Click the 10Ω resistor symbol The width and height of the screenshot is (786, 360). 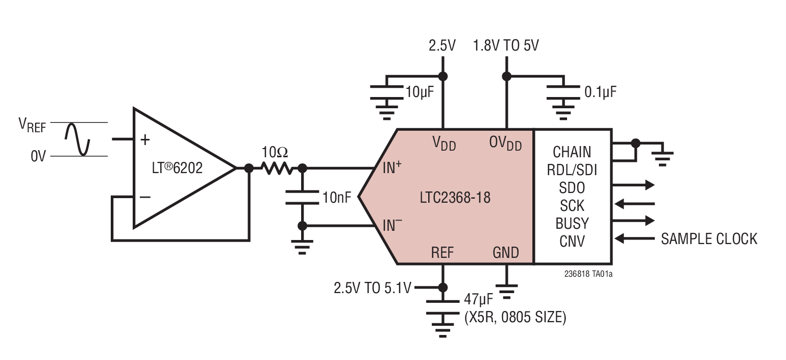[x=276, y=167]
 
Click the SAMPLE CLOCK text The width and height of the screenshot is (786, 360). [x=709, y=238]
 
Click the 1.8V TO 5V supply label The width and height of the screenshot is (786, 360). [x=506, y=46]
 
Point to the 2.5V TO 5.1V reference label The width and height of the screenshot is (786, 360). [x=372, y=288]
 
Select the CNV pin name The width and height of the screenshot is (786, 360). [x=572, y=241]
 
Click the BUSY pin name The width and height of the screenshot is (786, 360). [x=572, y=224]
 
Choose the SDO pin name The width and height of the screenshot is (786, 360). [x=572, y=187]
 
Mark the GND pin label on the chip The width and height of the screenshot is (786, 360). [x=505, y=253]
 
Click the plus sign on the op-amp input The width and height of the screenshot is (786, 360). [x=145, y=139]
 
